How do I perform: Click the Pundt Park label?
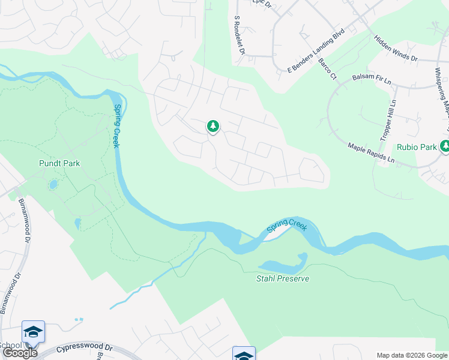coord(59,163)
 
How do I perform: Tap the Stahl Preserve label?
coord(283,278)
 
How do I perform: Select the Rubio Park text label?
coord(416,146)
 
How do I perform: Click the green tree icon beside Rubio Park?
coord(445,146)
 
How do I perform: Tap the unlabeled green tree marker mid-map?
coord(212,126)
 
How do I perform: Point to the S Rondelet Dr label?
coord(240,35)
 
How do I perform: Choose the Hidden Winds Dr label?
coord(396,48)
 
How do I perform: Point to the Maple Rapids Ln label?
coord(371,153)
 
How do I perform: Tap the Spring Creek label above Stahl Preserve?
coord(287,226)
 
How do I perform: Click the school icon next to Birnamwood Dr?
coord(33,331)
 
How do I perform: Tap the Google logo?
coord(20,353)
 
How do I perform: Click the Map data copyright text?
coord(412,355)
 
